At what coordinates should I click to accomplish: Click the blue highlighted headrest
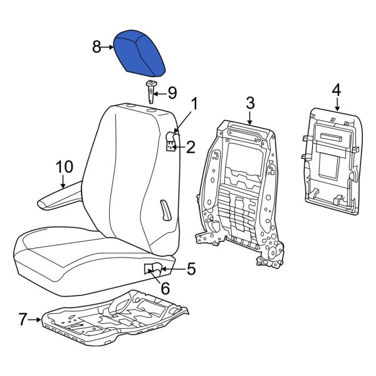(139, 53)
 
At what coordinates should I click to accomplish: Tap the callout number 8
(97, 46)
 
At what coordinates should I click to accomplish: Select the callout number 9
(171, 93)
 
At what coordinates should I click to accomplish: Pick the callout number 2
(191, 147)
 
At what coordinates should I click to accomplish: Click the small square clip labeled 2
(170, 147)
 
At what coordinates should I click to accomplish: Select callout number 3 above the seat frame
(249, 102)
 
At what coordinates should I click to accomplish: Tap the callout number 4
(336, 90)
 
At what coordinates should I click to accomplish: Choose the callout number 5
(191, 269)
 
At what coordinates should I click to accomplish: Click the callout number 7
(23, 320)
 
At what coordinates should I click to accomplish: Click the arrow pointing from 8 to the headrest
(108, 46)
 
